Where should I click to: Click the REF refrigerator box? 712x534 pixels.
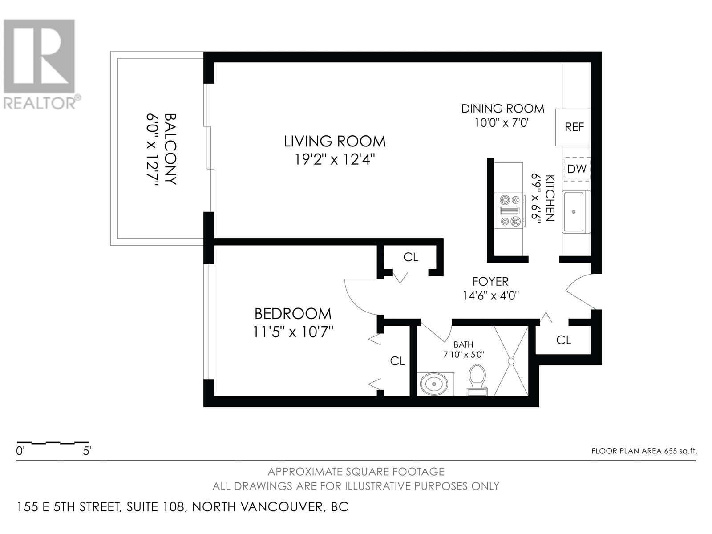coord(573,127)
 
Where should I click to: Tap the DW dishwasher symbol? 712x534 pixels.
coord(577,169)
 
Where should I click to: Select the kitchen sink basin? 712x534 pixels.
coord(574,212)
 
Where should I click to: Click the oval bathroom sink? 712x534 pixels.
coord(434,384)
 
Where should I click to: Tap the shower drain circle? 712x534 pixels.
coord(511,361)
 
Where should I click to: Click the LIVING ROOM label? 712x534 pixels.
coord(335,142)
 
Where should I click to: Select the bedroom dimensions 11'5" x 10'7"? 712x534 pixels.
coord(293,332)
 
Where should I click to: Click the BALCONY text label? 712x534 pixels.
coord(170,149)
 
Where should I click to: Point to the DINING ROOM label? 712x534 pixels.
coord(503,109)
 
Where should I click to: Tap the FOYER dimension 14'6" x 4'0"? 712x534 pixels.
coord(490,295)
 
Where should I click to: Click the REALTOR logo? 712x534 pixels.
coord(40,64)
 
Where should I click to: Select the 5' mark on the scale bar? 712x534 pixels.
coord(87,451)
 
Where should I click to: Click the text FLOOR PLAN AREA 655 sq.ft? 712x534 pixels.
coord(644,451)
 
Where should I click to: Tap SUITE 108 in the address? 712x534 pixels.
coord(155,507)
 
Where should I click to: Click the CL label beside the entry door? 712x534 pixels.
coord(564,340)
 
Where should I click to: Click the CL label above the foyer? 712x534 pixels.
coord(411,257)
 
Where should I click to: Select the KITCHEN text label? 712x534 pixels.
coord(550,198)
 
